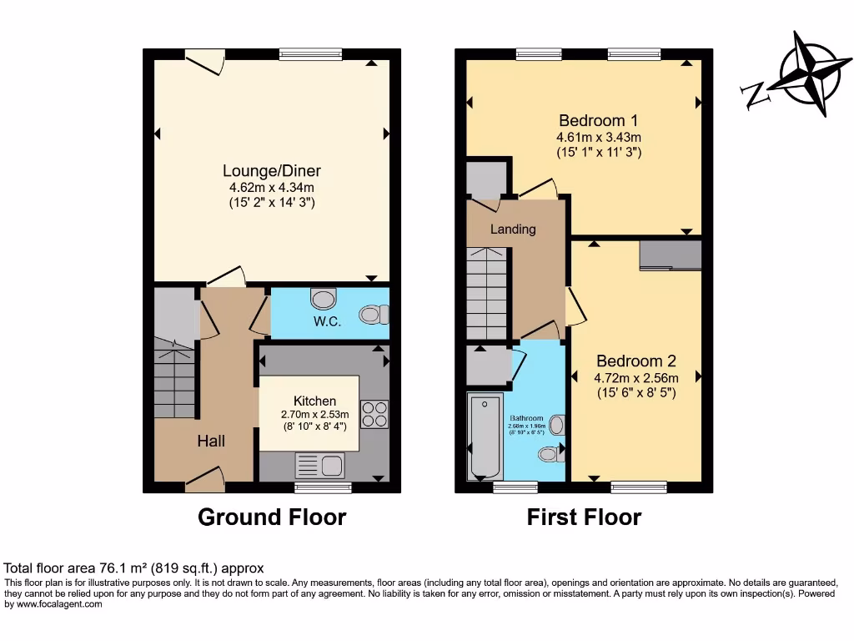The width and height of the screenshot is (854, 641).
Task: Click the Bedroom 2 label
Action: pos(635,361)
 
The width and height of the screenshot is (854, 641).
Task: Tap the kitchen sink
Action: pos(320,465)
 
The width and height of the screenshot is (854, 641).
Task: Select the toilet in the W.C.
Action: pos(374,315)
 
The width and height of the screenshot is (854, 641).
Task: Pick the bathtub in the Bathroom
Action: pos(483,437)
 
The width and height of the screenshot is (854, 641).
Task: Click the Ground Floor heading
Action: pos(272,517)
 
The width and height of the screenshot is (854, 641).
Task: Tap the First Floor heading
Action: pos(584,517)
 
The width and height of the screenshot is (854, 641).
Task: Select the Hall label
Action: pos(211,441)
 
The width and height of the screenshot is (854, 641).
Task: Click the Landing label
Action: pos(513,229)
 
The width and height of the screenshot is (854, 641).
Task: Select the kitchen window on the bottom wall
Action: pos(323,486)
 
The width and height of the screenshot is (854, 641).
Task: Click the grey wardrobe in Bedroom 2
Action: pos(671,255)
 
